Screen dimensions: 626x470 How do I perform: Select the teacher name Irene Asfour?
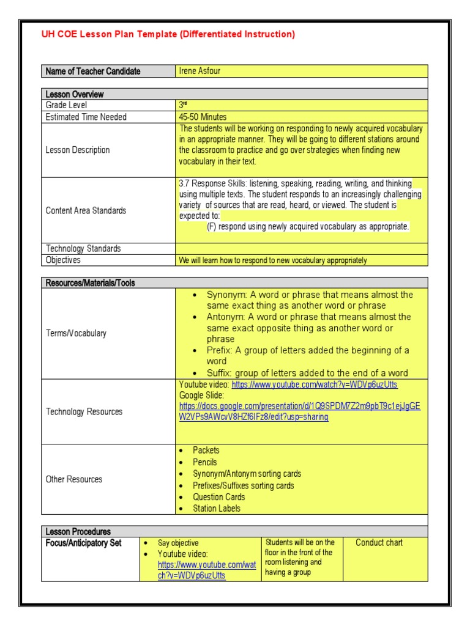click(x=200, y=71)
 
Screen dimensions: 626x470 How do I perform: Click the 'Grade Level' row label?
click(x=66, y=105)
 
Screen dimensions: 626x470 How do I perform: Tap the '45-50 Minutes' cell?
click(x=203, y=117)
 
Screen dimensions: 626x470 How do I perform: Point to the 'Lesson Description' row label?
click(x=78, y=150)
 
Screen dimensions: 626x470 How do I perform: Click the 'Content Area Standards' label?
click(x=86, y=210)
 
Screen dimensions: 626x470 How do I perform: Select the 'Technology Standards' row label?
click(x=83, y=248)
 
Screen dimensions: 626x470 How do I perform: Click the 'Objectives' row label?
click(x=63, y=260)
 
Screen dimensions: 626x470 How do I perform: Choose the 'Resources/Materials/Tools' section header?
click(x=91, y=283)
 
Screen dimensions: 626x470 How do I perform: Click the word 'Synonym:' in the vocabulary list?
click(x=225, y=295)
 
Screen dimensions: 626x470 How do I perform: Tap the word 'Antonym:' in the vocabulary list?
click(x=226, y=317)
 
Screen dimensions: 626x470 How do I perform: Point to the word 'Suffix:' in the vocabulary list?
click(x=219, y=373)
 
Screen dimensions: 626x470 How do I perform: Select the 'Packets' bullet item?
click(x=206, y=450)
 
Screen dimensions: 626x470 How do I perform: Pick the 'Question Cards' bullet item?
click(x=218, y=497)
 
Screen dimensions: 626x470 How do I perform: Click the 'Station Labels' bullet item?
click(x=217, y=508)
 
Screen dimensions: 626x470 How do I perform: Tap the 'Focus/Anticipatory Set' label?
click(x=84, y=543)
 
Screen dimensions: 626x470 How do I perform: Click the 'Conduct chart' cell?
click(x=379, y=543)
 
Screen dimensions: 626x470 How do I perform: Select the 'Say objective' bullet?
click(x=178, y=543)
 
